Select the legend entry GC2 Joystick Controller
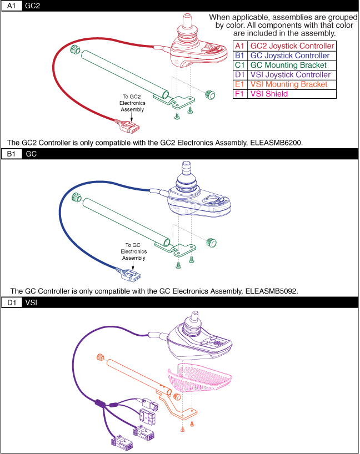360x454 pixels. coord(292,46)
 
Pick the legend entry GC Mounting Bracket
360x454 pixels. coord(288,65)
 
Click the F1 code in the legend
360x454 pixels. coord(239,94)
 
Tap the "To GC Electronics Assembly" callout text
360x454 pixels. coord(133,251)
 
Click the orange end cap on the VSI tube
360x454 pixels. coord(101,356)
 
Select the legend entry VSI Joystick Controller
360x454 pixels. coord(290,75)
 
